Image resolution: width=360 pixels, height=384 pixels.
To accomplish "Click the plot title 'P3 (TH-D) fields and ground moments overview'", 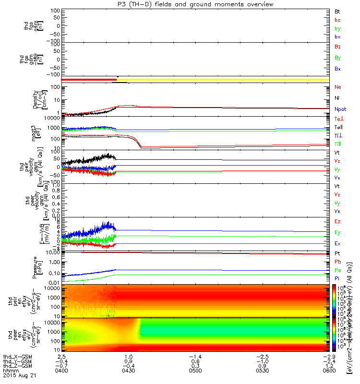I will pyautogui.click(x=195, y=4).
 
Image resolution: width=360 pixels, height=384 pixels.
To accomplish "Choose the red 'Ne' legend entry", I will pyautogui.click(x=338, y=87).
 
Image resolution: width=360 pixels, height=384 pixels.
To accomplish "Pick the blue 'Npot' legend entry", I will pyautogui.click(x=340, y=109).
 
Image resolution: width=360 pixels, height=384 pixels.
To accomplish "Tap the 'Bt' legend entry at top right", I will pyautogui.click(x=337, y=11).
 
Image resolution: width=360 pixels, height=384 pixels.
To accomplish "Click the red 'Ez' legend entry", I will pyautogui.click(x=337, y=221).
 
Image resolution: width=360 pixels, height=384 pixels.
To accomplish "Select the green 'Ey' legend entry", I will pyautogui.click(x=337, y=232).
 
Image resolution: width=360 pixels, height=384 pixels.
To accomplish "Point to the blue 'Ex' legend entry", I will pyautogui.click(x=337, y=243).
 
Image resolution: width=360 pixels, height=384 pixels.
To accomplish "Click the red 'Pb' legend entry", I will pyautogui.click(x=337, y=262).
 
